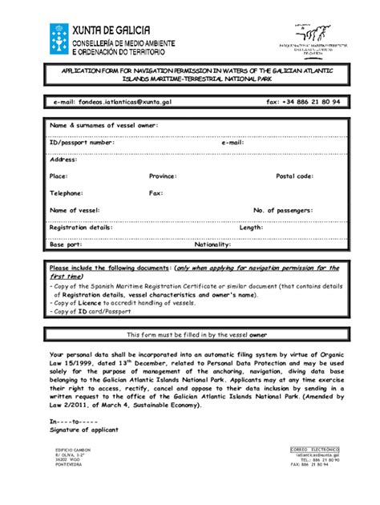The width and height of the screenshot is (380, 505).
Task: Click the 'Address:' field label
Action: coord(63,160)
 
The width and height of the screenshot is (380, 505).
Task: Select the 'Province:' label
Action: coord(163,176)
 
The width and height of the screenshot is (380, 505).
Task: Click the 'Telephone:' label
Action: coord(67,193)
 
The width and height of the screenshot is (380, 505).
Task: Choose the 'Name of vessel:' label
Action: coord(75,210)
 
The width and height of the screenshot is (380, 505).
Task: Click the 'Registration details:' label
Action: coord(81,228)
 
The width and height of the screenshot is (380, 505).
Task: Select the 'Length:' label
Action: coord(251,228)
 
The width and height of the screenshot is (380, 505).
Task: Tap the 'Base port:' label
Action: coord(66,244)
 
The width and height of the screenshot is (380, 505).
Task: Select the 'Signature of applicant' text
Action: coord(83,430)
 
